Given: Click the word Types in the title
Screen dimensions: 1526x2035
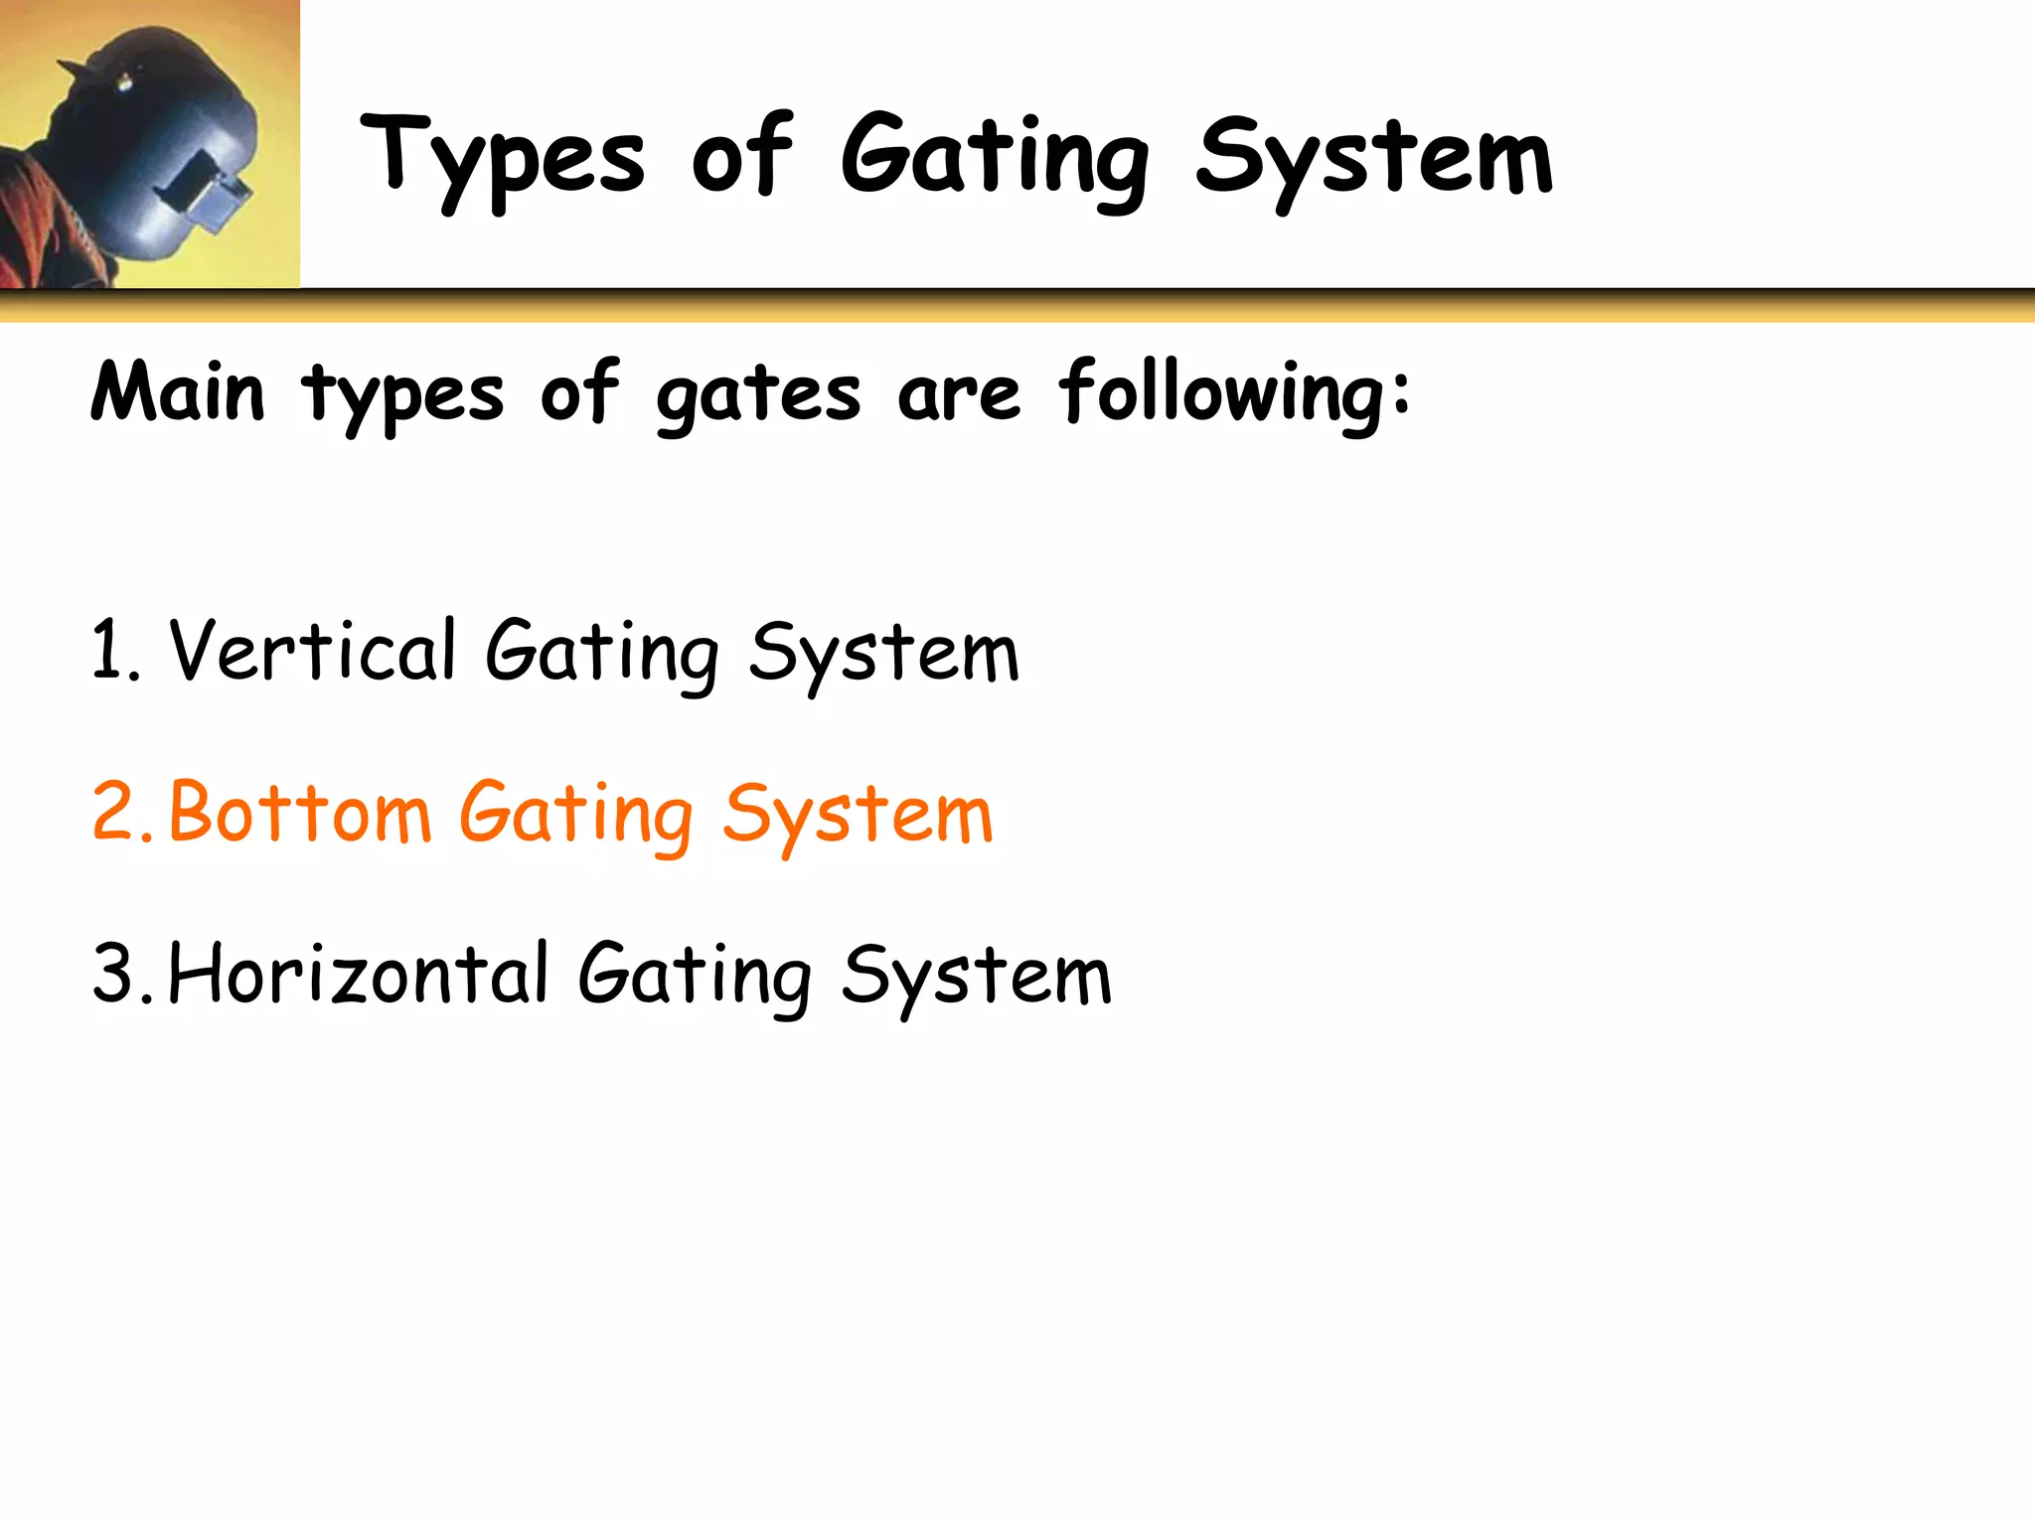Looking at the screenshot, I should click(x=503, y=159).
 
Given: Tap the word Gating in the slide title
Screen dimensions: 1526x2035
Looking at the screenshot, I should click(x=995, y=159).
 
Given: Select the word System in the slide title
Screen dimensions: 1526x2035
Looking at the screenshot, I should click(x=1374, y=159).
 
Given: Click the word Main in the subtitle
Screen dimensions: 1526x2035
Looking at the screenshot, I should click(x=178, y=393).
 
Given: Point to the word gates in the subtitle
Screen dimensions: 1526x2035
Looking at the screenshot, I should click(x=758, y=395).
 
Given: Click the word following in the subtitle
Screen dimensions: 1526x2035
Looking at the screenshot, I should click(x=1233, y=393).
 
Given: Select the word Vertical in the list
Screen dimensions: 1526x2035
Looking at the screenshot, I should click(x=312, y=651).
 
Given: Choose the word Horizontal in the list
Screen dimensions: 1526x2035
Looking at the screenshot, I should click(x=359, y=974).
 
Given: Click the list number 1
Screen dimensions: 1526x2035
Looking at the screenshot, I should click(x=108, y=651).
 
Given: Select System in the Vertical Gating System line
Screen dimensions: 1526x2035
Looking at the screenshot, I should click(x=883, y=654).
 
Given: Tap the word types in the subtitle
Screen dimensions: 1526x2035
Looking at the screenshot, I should click(x=402, y=395).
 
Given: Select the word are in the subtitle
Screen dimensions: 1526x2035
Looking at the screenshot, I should click(x=959, y=395).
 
